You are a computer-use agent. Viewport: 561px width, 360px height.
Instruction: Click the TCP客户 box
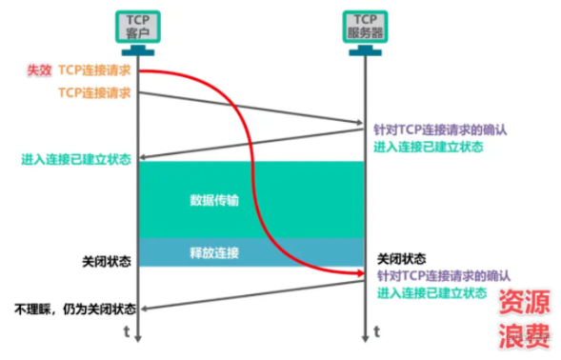[139, 26]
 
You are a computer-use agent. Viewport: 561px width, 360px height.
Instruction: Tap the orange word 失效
[39, 70]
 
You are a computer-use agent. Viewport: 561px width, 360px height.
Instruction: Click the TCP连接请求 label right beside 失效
[94, 70]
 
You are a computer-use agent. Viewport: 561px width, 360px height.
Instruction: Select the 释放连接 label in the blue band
[214, 252]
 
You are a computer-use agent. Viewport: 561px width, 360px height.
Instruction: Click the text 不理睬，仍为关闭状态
[74, 309]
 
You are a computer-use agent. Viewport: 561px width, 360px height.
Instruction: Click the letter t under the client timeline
[127, 331]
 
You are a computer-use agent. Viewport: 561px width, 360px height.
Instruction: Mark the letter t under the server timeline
[378, 331]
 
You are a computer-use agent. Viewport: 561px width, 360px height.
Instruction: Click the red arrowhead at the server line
[360, 274]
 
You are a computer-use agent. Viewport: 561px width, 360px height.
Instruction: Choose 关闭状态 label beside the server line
[402, 258]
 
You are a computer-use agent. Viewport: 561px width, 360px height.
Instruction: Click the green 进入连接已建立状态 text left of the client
[78, 159]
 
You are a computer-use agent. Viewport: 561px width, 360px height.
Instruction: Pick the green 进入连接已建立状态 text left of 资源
[431, 292]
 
